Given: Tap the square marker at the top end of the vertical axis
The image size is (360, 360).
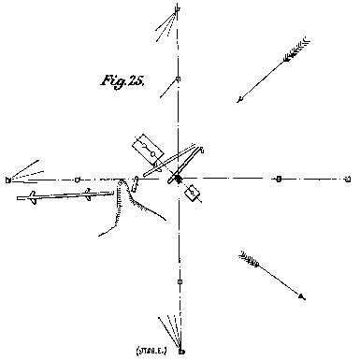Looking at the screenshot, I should (x=179, y=9).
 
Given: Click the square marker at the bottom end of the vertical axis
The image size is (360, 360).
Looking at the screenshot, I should (x=181, y=351).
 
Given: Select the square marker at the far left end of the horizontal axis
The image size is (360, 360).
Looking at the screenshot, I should (x=7, y=178).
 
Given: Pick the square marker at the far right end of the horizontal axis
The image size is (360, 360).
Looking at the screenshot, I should (x=348, y=178).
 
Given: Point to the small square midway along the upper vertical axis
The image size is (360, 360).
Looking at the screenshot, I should (x=179, y=79).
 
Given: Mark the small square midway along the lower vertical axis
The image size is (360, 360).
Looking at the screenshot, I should (x=180, y=281).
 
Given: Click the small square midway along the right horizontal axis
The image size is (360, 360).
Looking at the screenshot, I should (x=279, y=178).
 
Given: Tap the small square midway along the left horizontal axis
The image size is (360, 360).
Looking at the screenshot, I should (x=78, y=178).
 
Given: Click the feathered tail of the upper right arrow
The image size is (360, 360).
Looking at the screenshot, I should (x=299, y=48).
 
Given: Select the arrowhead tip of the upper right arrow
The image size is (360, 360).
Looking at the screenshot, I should (x=238, y=101).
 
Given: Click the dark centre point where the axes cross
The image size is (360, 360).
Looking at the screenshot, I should (x=178, y=179).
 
